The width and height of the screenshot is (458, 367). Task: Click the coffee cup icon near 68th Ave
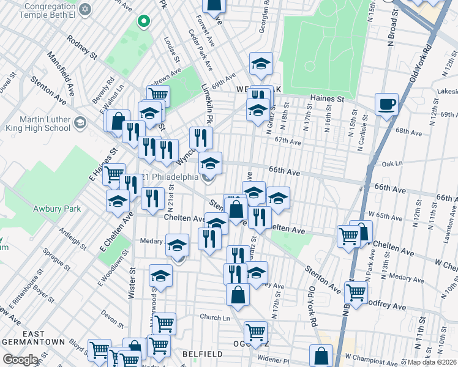[386, 105]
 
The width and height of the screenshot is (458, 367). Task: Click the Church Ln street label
[214, 317]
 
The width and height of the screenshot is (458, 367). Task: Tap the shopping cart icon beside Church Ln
[164, 323]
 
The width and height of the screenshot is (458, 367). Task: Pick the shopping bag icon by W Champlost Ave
[321, 355]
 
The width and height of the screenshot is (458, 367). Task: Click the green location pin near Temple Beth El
[144, 22]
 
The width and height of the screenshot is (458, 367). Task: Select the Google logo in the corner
[20, 360]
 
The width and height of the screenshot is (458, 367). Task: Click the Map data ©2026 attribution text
[432, 362]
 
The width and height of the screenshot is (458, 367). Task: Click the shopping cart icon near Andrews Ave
[158, 95]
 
